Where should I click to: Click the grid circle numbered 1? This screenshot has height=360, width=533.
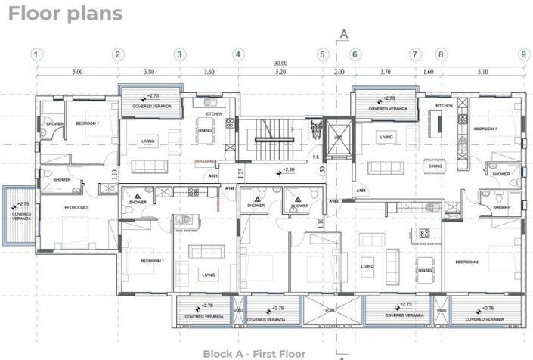(35, 54)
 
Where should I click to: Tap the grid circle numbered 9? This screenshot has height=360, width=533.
(522, 54)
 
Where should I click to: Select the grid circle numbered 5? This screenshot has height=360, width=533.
(322, 54)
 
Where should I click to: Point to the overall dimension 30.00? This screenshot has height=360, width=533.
(281, 64)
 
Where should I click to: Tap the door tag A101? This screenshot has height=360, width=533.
(214, 175)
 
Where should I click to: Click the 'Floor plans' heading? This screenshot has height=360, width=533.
(65, 14)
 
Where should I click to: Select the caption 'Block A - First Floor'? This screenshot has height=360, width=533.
(254, 353)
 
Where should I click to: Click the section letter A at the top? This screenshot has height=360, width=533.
(344, 33)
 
